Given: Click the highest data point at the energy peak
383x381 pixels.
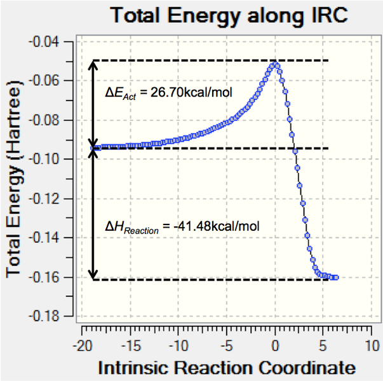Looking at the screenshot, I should [x=275, y=64].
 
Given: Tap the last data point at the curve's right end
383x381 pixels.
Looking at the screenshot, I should [x=336, y=277].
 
